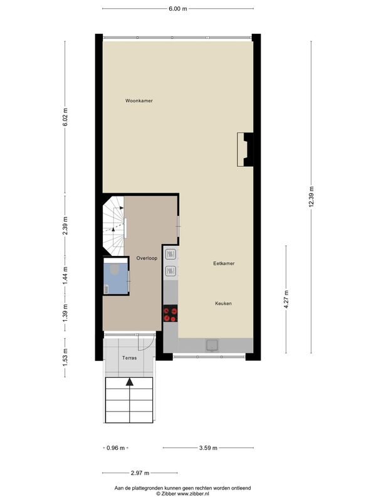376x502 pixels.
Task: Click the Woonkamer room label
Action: pos(138,100)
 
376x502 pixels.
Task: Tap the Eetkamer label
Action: pos(224,263)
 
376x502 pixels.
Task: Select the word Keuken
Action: pos(223,303)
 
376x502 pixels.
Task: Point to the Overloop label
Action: pos(147,258)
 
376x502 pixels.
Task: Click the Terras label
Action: pos(130,358)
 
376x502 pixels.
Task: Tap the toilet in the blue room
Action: pos(114,269)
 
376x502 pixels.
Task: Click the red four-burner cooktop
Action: pos(170,313)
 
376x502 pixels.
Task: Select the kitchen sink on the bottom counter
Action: pos(212,345)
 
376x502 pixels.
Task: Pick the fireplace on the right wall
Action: pos(245,149)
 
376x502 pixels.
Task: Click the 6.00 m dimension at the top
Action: pos(178,9)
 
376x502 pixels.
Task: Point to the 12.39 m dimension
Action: pos(311,196)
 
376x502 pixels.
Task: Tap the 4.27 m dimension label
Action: pos(286,299)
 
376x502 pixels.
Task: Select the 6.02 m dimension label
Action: pos(65,117)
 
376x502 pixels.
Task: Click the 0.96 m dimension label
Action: pos(115,448)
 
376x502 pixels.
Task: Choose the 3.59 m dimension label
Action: pos(208,448)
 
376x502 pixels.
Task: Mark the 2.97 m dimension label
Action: pos(140,473)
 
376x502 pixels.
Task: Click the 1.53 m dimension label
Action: pos(65,358)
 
